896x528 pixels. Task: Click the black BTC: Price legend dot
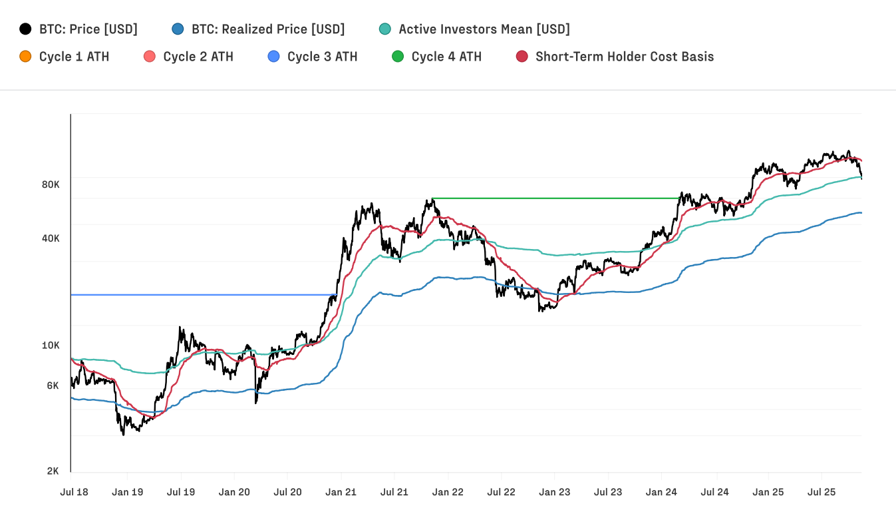click(x=26, y=29)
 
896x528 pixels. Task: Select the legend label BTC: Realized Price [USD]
click(x=268, y=29)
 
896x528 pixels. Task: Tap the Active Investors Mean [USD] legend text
click(x=484, y=29)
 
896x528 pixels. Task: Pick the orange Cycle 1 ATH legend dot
click(x=26, y=57)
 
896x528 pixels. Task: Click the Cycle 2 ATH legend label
click(x=198, y=57)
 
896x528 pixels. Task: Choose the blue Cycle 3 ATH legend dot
click(x=274, y=57)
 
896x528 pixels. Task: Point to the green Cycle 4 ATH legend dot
click(x=398, y=57)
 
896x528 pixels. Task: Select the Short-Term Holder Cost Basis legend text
click(x=624, y=57)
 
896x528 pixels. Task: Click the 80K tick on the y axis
click(x=51, y=184)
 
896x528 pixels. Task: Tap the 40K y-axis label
click(x=51, y=238)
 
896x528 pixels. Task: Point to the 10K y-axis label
click(x=51, y=346)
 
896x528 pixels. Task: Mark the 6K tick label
click(x=53, y=386)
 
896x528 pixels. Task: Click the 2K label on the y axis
click(x=53, y=471)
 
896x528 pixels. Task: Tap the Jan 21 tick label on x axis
click(x=341, y=493)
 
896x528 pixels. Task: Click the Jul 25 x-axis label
click(x=821, y=493)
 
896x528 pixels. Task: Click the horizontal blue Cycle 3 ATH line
click(x=200, y=294)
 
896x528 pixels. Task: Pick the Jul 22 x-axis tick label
click(x=502, y=493)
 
